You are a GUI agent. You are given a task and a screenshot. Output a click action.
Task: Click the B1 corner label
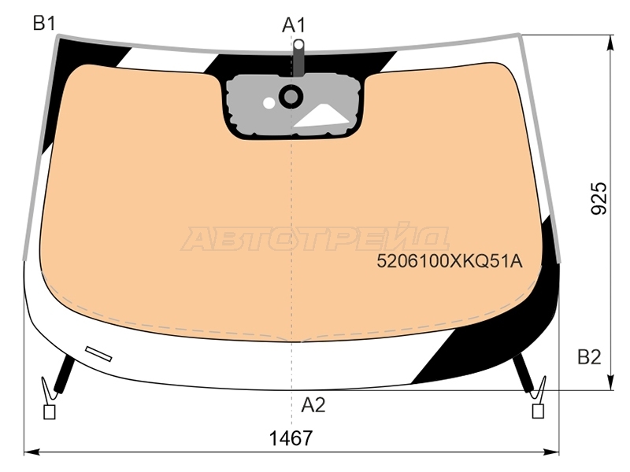44,24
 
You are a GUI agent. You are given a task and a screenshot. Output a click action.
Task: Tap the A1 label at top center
294,25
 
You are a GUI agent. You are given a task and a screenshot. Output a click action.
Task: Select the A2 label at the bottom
313,405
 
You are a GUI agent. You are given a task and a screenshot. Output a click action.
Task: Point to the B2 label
589,357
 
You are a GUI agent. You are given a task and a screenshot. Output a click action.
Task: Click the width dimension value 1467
291,438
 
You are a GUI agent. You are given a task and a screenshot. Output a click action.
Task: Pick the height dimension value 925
599,198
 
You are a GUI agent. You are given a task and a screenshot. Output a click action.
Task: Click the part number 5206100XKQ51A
450,261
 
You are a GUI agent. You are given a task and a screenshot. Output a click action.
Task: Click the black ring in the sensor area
291,96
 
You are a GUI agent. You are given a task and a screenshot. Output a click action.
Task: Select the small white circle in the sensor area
269,103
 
